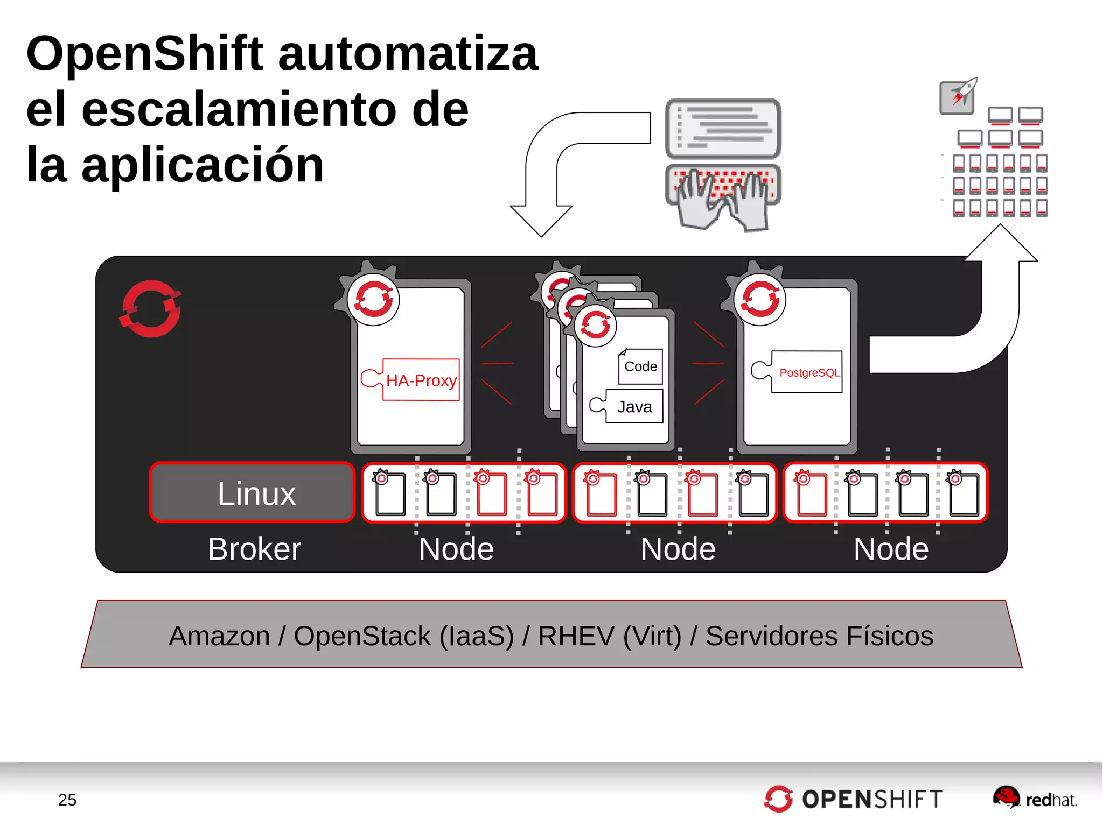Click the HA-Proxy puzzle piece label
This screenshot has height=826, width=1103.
pyautogui.click(x=421, y=380)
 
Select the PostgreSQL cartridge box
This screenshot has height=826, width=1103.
pyautogui.click(x=806, y=372)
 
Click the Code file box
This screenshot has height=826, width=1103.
pyautogui.click(x=640, y=366)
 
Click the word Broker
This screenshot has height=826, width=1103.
pyautogui.click(x=254, y=549)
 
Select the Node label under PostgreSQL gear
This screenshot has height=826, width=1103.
pyautogui.click(x=891, y=549)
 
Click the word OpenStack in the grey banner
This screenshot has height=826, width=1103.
pyautogui.click(x=362, y=636)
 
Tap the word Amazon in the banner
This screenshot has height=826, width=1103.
pyautogui.click(x=219, y=636)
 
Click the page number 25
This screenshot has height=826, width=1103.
pyautogui.click(x=67, y=800)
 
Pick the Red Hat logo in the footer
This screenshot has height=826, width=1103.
pyautogui.click(x=1034, y=798)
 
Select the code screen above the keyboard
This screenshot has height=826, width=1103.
pyautogui.click(x=723, y=128)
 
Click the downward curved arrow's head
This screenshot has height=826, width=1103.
pyautogui.click(x=541, y=221)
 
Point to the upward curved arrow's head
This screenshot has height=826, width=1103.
pyautogui.click(x=1001, y=245)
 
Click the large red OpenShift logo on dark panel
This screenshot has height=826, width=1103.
pyautogui.click(x=150, y=309)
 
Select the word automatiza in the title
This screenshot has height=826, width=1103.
pyautogui.click(x=408, y=54)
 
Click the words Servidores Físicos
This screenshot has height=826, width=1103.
pyautogui.click(x=819, y=636)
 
